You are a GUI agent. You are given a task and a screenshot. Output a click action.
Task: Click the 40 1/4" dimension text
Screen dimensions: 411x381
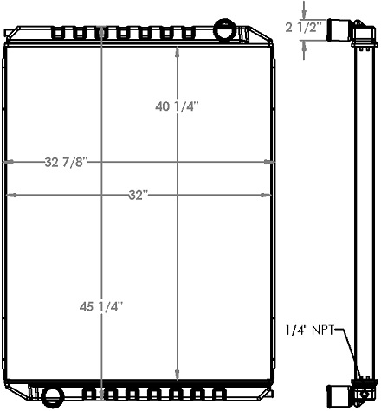178,106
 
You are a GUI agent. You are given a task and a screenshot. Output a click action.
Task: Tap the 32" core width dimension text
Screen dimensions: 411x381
137,196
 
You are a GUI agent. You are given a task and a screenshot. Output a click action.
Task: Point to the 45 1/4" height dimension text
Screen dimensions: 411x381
102,305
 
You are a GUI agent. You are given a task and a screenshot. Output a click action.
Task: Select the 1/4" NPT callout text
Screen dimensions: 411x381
308,329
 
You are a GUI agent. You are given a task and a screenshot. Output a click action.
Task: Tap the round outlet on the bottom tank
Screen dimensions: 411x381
55,397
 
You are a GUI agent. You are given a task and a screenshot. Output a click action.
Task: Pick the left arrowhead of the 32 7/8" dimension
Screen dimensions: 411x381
9,162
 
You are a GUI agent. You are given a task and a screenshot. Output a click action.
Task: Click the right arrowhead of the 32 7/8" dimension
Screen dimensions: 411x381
268,162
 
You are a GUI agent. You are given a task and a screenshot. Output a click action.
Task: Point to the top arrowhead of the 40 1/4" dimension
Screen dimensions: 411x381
178,50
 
